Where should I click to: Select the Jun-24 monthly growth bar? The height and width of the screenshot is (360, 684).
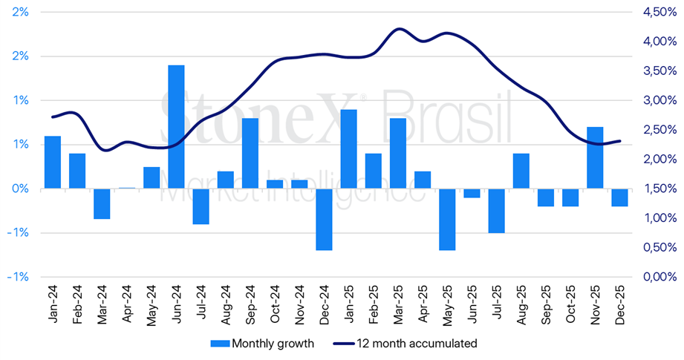(176, 127)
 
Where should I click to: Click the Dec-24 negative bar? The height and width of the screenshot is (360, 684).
(324, 219)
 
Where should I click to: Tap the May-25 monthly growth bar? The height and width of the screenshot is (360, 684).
(447, 219)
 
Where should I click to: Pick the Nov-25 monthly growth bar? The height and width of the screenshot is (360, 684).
(595, 158)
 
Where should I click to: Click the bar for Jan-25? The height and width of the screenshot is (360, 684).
(348, 149)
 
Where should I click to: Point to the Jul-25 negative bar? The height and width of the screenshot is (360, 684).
(496, 211)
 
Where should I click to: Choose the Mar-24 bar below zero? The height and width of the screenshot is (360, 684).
(102, 203)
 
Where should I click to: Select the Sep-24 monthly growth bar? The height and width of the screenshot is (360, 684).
(250, 154)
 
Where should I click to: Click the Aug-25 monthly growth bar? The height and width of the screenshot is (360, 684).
(521, 171)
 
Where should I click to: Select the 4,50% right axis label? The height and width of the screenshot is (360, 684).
(659, 12)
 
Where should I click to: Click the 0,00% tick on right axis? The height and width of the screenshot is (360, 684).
(659, 277)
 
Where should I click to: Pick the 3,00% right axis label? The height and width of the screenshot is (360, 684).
(659, 100)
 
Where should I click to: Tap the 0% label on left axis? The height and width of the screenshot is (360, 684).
(20, 189)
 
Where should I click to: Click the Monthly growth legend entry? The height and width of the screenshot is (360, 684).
(262, 344)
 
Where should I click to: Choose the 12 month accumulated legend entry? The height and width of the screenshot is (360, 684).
(405, 344)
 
